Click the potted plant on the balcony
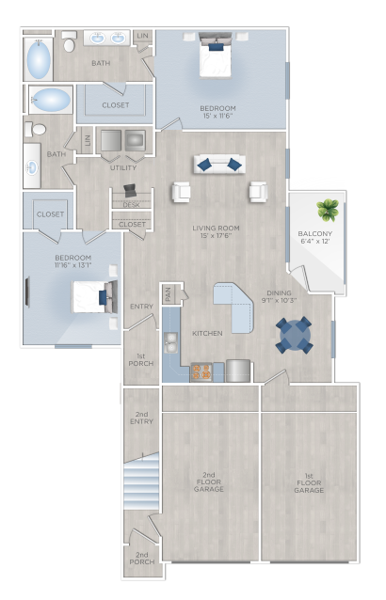328,209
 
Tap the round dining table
294,335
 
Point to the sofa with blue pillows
218,165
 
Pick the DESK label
132,204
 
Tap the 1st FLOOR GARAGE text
308,483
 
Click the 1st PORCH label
141,360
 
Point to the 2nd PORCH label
141,559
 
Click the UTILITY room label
123,167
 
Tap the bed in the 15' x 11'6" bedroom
215,60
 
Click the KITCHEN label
206,334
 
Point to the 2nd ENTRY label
141,418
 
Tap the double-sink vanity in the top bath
107,39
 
